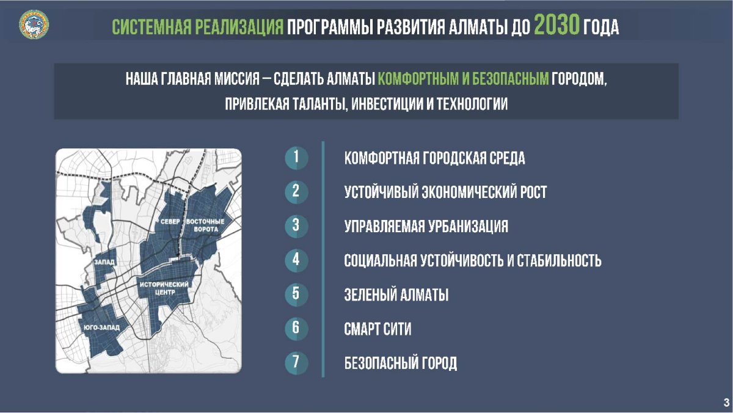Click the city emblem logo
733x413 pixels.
34,24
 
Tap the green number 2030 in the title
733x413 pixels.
557,25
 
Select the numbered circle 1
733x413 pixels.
296,158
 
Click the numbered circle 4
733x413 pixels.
296,260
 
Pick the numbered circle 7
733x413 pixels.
296,362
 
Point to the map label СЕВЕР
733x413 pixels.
170,222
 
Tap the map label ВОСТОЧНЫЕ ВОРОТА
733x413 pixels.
205,225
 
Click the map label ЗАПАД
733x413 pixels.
104,262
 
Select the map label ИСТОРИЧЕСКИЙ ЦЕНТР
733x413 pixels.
164,288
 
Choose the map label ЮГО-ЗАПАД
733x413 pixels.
102,327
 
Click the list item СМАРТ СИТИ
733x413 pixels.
377,329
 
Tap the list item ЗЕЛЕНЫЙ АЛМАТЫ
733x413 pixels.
396,294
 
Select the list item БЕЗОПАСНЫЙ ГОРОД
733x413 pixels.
401,364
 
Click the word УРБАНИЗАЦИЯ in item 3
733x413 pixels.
466,226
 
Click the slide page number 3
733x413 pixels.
726,402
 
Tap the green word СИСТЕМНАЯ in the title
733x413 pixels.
151,27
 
